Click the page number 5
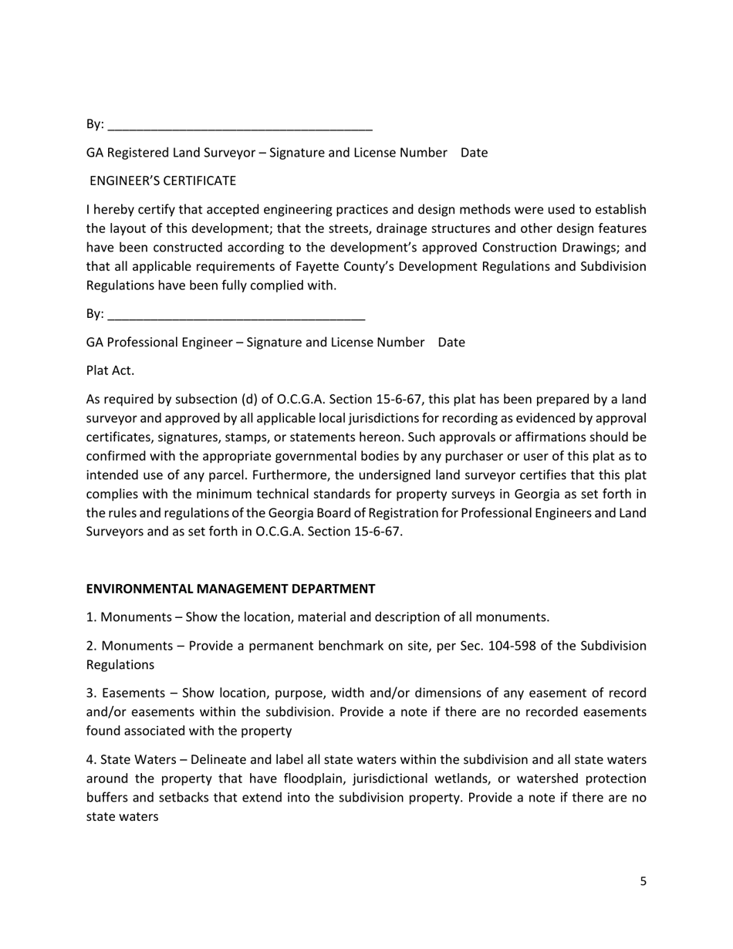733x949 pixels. (643, 882)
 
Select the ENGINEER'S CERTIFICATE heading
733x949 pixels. (163, 181)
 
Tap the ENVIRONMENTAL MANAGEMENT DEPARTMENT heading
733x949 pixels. (231, 589)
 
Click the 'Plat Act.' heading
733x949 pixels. (110, 370)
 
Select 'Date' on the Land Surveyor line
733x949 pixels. (474, 153)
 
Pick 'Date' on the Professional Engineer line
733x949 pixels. (451, 343)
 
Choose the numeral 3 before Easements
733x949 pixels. (90, 694)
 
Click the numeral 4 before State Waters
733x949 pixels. (90, 760)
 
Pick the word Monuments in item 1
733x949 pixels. (136, 617)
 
